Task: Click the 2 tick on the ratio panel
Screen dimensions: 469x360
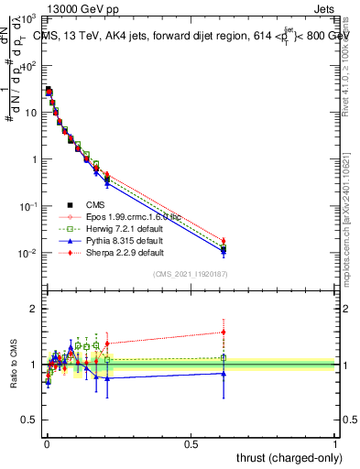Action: (x=34, y=309)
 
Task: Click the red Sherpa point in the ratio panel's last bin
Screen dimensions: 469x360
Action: (x=224, y=333)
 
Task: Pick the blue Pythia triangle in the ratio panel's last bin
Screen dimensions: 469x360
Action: (x=224, y=373)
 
